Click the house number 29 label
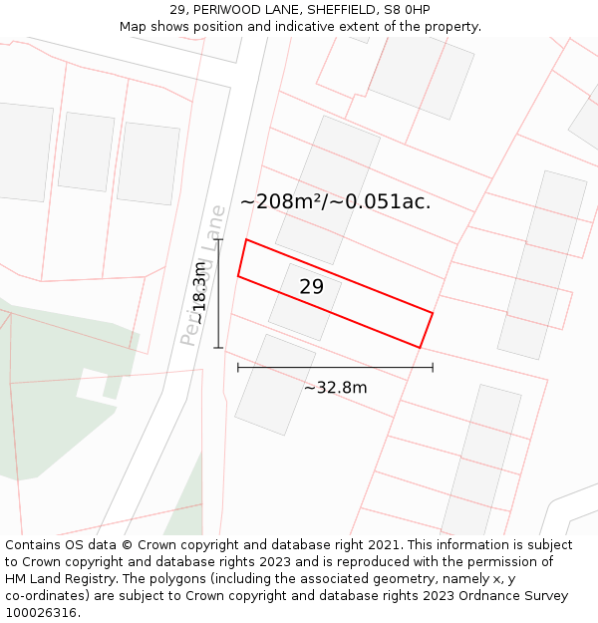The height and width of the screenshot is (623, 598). point(311,287)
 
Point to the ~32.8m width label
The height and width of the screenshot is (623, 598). point(335,388)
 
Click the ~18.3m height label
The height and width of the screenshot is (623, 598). point(199,293)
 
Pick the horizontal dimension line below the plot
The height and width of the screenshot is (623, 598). point(335,368)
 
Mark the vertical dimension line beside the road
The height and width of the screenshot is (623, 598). point(218,293)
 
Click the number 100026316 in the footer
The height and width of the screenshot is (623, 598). point(40,613)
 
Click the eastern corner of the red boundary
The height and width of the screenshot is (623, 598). point(433,313)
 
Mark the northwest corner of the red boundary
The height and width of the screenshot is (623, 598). point(246,239)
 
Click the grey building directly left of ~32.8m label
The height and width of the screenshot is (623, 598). point(274,385)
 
